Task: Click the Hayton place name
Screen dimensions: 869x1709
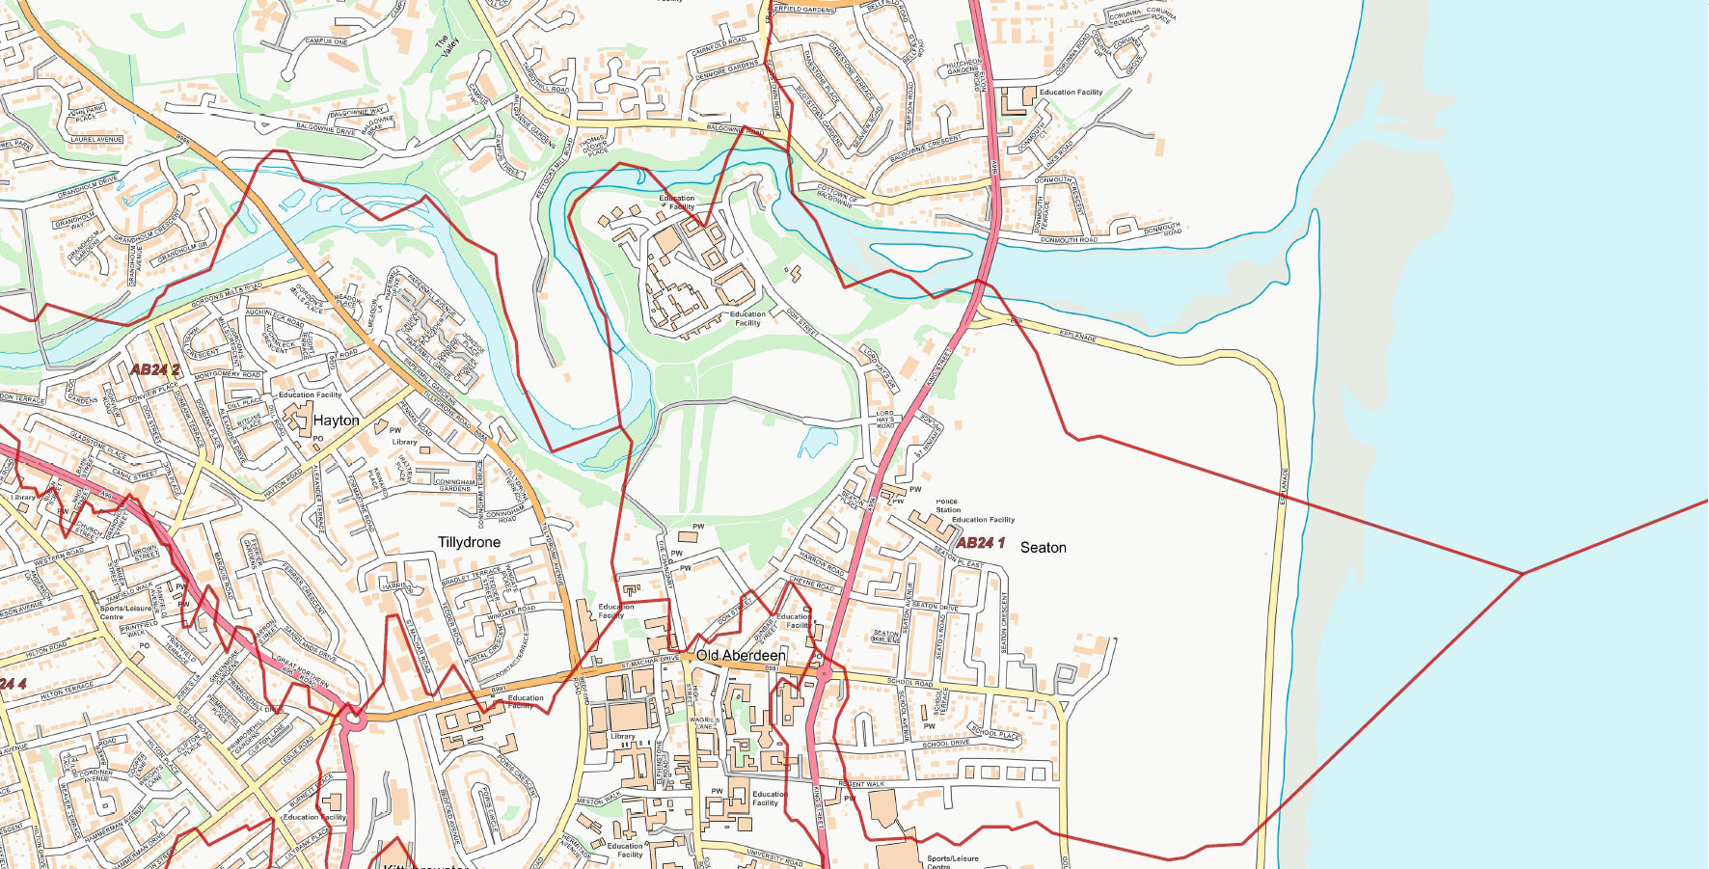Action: pos(336,421)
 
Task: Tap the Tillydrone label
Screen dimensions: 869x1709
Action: pos(469,542)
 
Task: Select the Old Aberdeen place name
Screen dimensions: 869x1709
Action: pos(741,655)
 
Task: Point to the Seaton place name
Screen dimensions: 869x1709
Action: pos(1043,547)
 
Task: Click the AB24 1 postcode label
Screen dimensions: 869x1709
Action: pos(980,543)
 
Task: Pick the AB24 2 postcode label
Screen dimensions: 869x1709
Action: pos(155,369)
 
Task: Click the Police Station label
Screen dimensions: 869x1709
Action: pos(947,505)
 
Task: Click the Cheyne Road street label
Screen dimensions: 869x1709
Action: pos(812,584)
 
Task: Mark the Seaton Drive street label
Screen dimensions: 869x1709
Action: pos(936,606)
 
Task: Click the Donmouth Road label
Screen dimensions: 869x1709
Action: pos(1069,239)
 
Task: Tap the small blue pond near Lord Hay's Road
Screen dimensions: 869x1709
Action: pos(818,442)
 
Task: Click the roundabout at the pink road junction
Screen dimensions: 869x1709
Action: pos(353,716)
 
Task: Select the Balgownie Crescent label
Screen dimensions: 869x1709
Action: pos(925,149)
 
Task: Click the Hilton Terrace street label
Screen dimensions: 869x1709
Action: pos(68,687)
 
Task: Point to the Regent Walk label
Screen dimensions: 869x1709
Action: pos(861,784)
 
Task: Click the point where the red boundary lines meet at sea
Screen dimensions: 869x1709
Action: pos(1523,573)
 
